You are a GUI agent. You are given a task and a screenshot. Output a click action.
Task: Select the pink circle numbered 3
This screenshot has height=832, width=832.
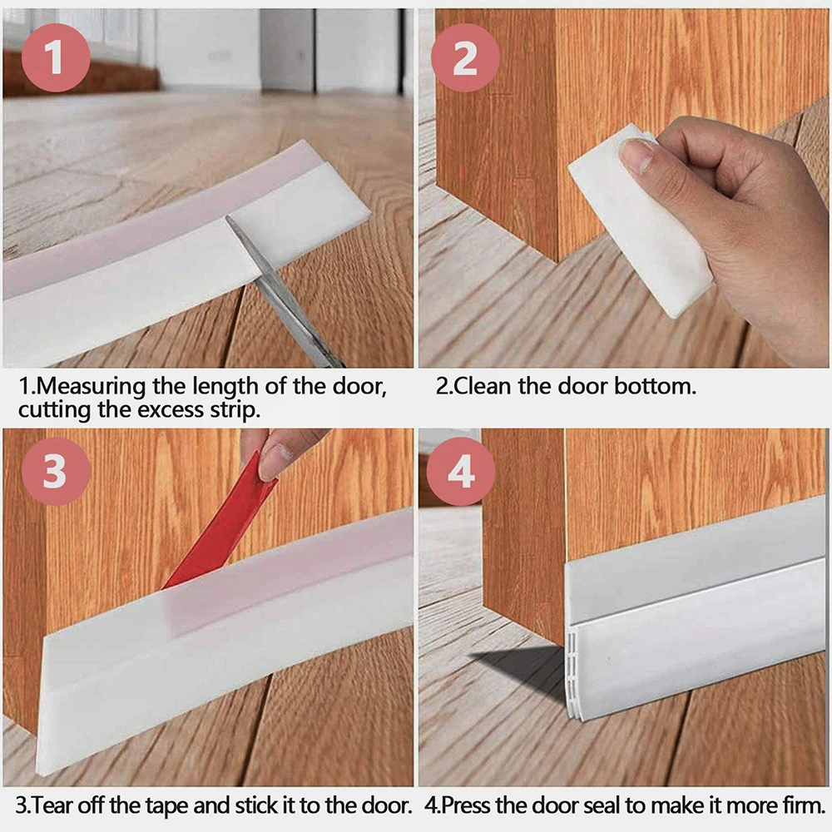click(x=55, y=471)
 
